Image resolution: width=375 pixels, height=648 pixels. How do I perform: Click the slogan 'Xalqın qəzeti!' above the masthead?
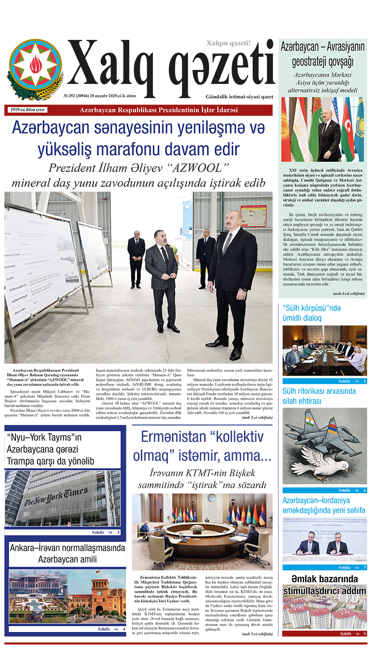point(228,43)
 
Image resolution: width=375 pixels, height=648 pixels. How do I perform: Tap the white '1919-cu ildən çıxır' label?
point(28,110)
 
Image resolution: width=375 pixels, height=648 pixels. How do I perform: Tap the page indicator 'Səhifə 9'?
point(353,634)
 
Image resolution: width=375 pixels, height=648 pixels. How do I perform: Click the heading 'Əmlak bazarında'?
point(324,579)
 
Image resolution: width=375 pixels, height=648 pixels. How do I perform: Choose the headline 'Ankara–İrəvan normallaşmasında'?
point(67,548)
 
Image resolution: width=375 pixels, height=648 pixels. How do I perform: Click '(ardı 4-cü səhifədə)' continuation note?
point(348,293)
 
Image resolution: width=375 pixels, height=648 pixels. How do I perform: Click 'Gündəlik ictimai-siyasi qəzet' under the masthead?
point(239,97)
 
